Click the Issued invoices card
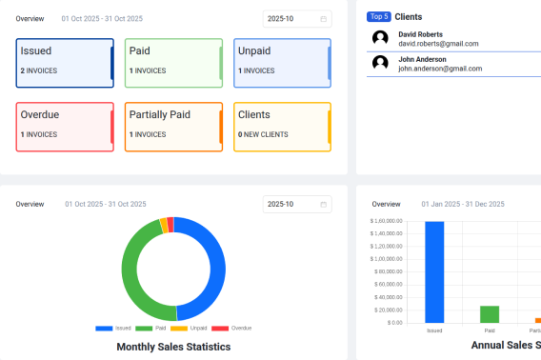tap(65, 63)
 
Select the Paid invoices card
tap(173, 63)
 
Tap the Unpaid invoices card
tap(282, 63)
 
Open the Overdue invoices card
tap(65, 126)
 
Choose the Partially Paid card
tap(173, 126)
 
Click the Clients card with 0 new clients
tap(282, 126)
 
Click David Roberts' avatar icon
tap(381, 38)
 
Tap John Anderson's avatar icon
tap(381, 63)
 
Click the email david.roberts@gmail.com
tap(438, 44)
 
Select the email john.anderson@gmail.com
tap(440, 69)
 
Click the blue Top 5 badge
tap(379, 17)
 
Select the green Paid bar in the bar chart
tap(490, 314)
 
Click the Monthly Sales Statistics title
tap(173, 347)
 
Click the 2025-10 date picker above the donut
tap(296, 204)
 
